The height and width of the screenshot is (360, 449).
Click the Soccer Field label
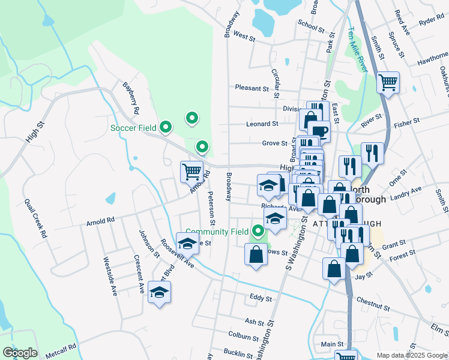133,128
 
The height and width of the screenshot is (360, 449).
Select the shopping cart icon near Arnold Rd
192,172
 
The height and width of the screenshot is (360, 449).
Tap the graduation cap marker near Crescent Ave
159,292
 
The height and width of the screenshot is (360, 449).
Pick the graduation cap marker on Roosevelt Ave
188,244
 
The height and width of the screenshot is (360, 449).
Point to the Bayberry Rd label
130,98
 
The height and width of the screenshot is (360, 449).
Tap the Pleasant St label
252,88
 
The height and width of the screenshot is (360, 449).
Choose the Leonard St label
262,124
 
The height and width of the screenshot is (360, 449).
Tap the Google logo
20,353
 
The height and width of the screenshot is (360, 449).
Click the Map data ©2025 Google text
412,355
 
